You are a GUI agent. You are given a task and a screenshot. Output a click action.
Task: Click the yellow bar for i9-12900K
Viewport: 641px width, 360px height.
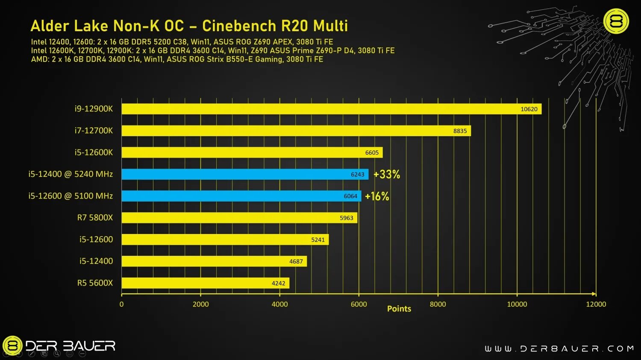[331, 109]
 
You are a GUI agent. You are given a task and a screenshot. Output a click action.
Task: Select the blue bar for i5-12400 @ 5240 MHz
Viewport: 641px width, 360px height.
[244, 174]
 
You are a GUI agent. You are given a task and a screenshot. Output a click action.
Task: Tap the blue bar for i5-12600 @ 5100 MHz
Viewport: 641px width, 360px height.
[241, 196]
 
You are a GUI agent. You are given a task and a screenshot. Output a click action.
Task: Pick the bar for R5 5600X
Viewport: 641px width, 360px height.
[205, 283]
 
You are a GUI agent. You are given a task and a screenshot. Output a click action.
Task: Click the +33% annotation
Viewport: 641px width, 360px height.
[387, 174]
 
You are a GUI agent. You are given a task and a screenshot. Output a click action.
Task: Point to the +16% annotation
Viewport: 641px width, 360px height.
[377, 196]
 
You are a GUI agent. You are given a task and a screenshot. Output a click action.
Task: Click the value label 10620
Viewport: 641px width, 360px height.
[529, 109]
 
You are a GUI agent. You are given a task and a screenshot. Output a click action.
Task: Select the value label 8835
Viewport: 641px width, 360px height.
[460, 131]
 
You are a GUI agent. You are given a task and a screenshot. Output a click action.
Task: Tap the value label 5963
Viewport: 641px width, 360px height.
[346, 218]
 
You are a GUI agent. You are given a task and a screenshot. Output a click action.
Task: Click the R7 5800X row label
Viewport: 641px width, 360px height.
[95, 218]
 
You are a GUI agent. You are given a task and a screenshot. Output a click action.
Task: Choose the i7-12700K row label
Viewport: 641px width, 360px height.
[94, 131]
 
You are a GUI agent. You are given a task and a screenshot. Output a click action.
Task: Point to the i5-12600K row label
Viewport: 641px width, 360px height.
[94, 152]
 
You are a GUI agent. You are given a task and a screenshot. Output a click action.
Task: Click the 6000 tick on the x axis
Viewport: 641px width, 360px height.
[359, 304]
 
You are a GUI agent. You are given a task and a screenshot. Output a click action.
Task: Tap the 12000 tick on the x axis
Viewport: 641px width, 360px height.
[596, 304]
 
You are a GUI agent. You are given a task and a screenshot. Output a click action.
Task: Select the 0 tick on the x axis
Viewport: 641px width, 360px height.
[122, 304]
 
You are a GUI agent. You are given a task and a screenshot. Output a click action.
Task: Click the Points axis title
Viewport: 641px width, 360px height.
[399, 309]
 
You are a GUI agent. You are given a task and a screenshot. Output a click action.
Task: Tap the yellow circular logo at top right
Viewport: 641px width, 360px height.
[616, 21]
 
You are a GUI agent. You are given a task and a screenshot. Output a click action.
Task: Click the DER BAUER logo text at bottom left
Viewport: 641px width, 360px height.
[71, 346]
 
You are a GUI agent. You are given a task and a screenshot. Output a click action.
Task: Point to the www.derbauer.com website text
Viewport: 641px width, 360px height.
[559, 349]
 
